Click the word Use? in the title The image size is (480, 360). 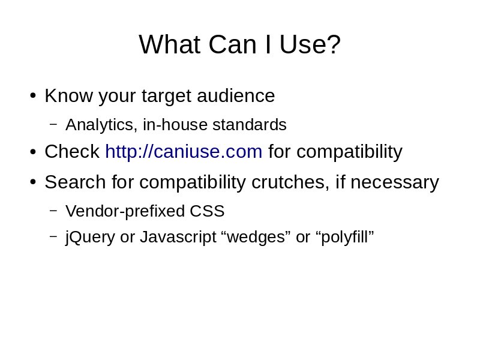(x=310, y=44)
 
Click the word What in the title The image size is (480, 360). (x=170, y=44)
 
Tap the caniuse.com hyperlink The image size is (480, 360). (x=184, y=152)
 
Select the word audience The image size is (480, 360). (x=236, y=95)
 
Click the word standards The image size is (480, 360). (x=250, y=125)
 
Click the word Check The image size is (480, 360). (x=72, y=151)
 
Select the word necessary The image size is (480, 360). (x=395, y=183)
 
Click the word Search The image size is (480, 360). (x=76, y=182)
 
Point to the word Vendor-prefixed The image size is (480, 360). (x=125, y=211)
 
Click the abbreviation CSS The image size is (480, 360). (x=207, y=211)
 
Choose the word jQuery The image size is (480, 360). (x=90, y=237)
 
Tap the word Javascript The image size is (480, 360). (x=178, y=237)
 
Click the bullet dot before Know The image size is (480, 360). (x=33, y=95)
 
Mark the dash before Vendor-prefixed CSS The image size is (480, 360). (x=53, y=211)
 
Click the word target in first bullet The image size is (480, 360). (x=166, y=96)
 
